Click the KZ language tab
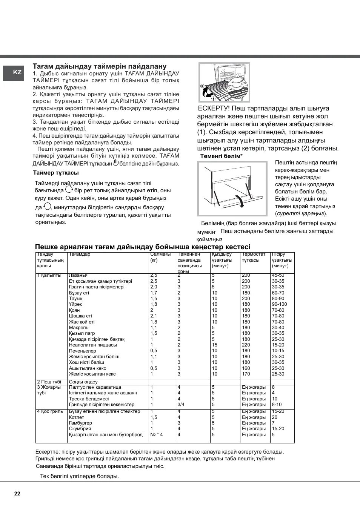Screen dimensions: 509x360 click(17, 73)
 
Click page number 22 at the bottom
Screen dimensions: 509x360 click(17, 494)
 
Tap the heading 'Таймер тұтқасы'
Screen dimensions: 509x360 click(56, 173)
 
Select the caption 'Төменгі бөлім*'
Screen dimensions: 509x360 click(221, 156)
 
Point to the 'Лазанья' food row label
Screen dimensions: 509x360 click(78, 276)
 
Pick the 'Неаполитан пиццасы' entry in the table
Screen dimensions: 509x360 click(93, 345)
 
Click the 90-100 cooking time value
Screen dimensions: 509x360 click(279, 304)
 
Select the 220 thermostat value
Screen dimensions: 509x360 click(246, 345)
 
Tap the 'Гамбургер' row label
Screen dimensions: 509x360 click(80, 423)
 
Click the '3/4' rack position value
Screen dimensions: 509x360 click(181, 405)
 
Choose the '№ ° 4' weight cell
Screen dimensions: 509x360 click(157, 435)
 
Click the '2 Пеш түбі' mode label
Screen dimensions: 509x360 click(49, 382)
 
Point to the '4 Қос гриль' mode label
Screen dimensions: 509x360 click(50, 411)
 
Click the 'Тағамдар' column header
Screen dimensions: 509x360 click(80, 255)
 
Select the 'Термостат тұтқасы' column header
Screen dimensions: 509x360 click(254, 257)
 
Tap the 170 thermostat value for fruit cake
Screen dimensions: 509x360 click(246, 374)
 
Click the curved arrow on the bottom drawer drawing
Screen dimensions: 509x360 click(239, 200)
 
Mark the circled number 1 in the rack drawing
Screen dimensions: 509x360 click(213, 98)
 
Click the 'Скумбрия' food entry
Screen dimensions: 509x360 click(80, 429)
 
